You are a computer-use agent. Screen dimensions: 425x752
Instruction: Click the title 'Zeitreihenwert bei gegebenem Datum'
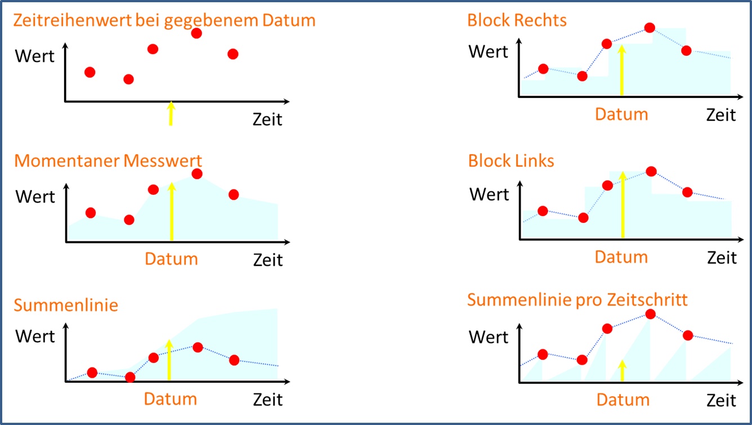pyautogui.click(x=164, y=21)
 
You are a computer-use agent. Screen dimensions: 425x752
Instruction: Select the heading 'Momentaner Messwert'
pyautogui.click(x=108, y=160)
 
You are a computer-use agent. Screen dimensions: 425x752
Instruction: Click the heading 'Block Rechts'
pyautogui.click(x=517, y=20)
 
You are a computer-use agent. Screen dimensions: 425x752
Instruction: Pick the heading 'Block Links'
pyautogui.click(x=511, y=160)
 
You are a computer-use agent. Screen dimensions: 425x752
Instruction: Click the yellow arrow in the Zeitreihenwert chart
pyautogui.click(x=171, y=113)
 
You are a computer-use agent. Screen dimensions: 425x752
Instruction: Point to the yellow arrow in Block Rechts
pyautogui.click(x=621, y=70)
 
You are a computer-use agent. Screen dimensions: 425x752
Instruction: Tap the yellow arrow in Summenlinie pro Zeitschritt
pyautogui.click(x=622, y=370)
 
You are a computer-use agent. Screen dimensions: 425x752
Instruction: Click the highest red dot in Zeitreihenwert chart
pyautogui.click(x=196, y=33)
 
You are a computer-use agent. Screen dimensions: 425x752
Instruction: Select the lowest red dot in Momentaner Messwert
pyautogui.click(x=129, y=220)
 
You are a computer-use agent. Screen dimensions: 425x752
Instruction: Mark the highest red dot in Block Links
pyautogui.click(x=651, y=171)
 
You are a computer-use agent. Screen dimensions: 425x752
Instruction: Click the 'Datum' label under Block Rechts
pyautogui.click(x=621, y=114)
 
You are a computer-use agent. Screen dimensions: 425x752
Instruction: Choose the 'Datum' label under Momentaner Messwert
pyautogui.click(x=171, y=259)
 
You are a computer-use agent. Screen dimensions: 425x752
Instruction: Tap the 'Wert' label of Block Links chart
pyautogui.click(x=489, y=194)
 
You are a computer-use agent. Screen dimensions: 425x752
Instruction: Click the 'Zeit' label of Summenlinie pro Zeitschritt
pyautogui.click(x=722, y=400)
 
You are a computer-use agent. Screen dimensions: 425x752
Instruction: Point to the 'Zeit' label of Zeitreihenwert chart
pyautogui.click(x=267, y=119)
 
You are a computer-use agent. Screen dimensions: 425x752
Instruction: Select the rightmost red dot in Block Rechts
pyautogui.click(x=686, y=51)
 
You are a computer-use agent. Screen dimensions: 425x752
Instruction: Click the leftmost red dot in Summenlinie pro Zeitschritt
pyautogui.click(x=543, y=354)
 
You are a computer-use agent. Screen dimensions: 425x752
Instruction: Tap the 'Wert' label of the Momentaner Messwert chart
pyautogui.click(x=35, y=196)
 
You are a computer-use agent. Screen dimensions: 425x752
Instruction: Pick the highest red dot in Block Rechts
pyautogui.click(x=650, y=28)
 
